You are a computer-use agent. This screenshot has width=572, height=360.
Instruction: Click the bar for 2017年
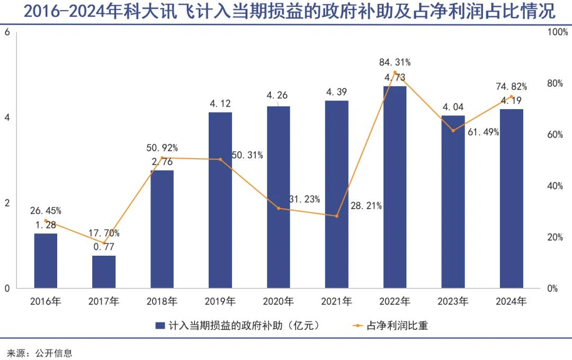tap(104, 272)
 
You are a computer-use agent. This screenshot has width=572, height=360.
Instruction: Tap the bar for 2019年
tap(220, 201)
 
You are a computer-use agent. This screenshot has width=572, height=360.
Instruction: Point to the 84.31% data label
tap(395, 62)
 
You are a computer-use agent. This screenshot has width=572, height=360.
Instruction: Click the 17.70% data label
tap(104, 233)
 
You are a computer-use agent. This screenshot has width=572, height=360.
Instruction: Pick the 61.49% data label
tap(484, 132)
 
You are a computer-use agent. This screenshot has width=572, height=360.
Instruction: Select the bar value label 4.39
tap(336, 92)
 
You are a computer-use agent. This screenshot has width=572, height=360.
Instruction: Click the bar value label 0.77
tap(104, 247)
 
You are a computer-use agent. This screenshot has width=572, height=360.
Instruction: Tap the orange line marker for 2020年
tap(279, 208)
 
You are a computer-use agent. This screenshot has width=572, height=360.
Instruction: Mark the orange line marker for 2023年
tap(453, 130)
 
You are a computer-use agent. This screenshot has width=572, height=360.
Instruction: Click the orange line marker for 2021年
tap(336, 216)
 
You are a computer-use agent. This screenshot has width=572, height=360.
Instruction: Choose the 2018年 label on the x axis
tap(162, 302)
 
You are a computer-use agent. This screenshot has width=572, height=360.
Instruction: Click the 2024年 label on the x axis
tap(511, 302)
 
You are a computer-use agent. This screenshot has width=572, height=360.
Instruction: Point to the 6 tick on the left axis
tap(7, 32)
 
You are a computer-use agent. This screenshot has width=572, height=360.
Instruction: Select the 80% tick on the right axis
tap(555, 84)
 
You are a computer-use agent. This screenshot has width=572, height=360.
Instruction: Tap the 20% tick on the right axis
tap(555, 237)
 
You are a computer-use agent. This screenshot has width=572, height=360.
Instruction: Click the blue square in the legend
tap(159, 326)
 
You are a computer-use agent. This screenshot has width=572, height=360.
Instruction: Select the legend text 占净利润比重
tap(397, 326)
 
